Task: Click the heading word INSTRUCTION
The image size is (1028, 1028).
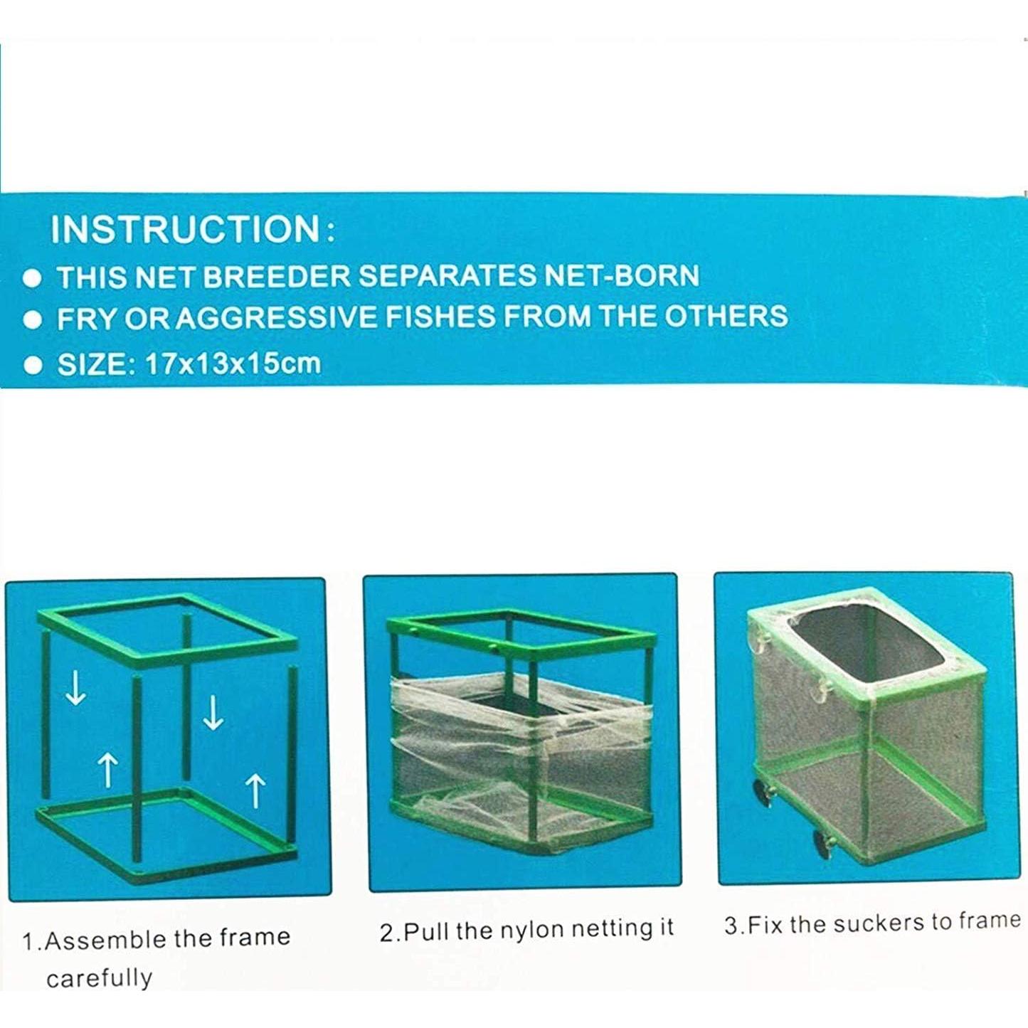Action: pyautogui.click(x=185, y=229)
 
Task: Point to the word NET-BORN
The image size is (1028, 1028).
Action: pyautogui.click(x=621, y=275)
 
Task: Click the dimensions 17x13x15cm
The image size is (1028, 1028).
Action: pyautogui.click(x=233, y=364)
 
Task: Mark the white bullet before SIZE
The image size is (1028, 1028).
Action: pyautogui.click(x=33, y=365)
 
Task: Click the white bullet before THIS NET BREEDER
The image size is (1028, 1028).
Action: pyautogui.click(x=32, y=278)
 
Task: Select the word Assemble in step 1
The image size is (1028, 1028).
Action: pyautogui.click(x=106, y=940)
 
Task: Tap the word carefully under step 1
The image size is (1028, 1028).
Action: pyautogui.click(x=99, y=978)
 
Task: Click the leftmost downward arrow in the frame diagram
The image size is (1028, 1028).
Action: pyautogui.click(x=75, y=689)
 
